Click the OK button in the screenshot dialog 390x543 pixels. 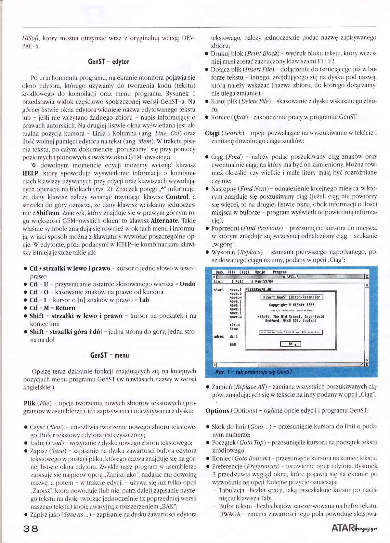pyautogui.click(x=291, y=344)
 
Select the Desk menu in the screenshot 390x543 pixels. pyautogui.click(x=219, y=272)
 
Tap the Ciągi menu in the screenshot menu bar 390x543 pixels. pyautogui.click(x=244, y=272)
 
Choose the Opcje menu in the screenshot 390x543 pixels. pyautogui.click(x=260, y=272)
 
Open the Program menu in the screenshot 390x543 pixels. pyautogui.click(x=279, y=272)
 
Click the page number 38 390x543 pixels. pyautogui.click(x=30, y=528)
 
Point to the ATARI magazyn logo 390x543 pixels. pyautogui.click(x=354, y=528)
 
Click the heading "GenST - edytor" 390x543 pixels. pyautogui.click(x=109, y=61)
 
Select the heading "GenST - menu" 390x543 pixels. pyautogui.click(x=109, y=355)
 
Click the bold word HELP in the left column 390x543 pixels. pyautogui.click(x=30, y=173)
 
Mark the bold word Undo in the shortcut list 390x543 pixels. pyautogui.click(x=188, y=284)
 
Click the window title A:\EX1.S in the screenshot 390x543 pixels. pyautogui.click(x=291, y=277)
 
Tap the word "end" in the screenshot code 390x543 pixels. pyautogui.click(x=233, y=344)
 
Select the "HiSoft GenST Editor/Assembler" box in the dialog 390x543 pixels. pyautogui.click(x=292, y=297)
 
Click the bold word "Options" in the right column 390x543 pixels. pyautogui.click(x=217, y=411)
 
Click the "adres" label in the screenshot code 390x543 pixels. pyautogui.click(x=219, y=337)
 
